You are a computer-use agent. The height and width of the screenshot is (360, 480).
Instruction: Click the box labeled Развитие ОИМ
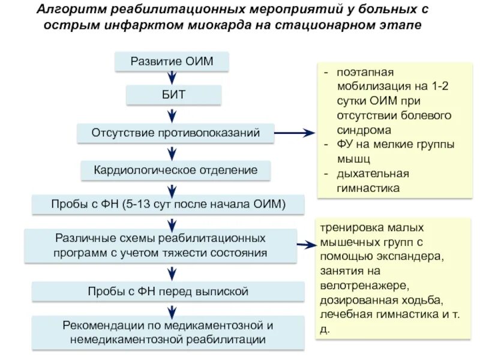tap(173, 61)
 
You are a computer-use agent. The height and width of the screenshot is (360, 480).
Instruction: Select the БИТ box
tap(173, 95)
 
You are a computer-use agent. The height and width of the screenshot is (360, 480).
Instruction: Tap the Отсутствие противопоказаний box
tap(175, 133)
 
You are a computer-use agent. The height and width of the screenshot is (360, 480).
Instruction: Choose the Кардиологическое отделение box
tap(175, 170)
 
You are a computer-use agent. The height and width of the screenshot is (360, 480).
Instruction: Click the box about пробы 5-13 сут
tap(168, 205)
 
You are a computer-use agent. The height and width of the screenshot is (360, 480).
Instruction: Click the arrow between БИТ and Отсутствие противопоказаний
tap(173, 113)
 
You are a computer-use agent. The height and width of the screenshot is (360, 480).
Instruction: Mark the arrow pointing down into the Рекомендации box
tap(173, 311)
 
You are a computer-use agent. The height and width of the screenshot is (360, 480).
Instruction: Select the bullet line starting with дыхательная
tap(371, 173)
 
